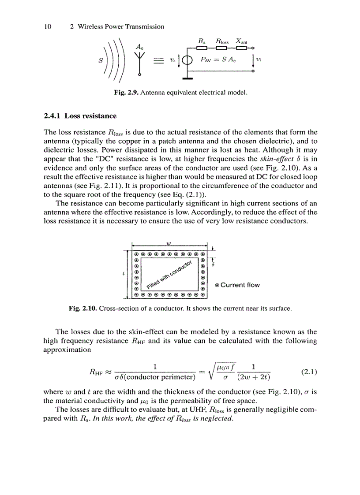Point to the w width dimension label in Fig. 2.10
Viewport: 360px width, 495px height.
click(x=169, y=243)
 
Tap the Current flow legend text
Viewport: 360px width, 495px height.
click(x=240, y=285)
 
